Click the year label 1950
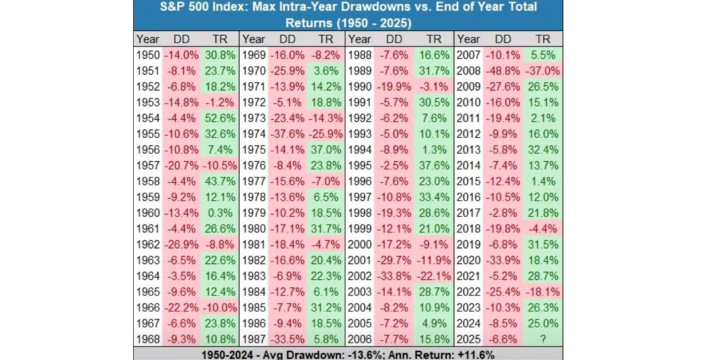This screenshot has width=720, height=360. click(x=148, y=55)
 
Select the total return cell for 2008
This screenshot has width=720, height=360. click(x=543, y=71)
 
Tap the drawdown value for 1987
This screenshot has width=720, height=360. click(x=287, y=339)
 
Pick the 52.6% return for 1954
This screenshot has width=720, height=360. click(x=220, y=119)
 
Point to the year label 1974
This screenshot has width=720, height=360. click(x=254, y=135)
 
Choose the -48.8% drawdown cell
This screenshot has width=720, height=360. click(x=503, y=71)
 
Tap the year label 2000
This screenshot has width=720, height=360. click(x=361, y=243)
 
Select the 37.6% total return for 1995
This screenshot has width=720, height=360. click(x=433, y=165)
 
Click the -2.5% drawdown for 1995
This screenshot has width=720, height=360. click(x=395, y=165)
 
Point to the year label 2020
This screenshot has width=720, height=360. click(x=469, y=259)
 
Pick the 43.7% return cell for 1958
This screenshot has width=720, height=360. click(x=220, y=181)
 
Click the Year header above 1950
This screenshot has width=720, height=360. click(x=148, y=39)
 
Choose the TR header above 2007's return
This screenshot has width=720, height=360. click(x=543, y=39)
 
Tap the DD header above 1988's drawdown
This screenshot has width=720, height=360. click(x=394, y=39)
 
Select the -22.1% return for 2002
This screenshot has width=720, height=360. click(x=433, y=275)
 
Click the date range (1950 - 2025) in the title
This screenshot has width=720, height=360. click(x=379, y=23)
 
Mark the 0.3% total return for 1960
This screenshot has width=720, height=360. click(x=220, y=213)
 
